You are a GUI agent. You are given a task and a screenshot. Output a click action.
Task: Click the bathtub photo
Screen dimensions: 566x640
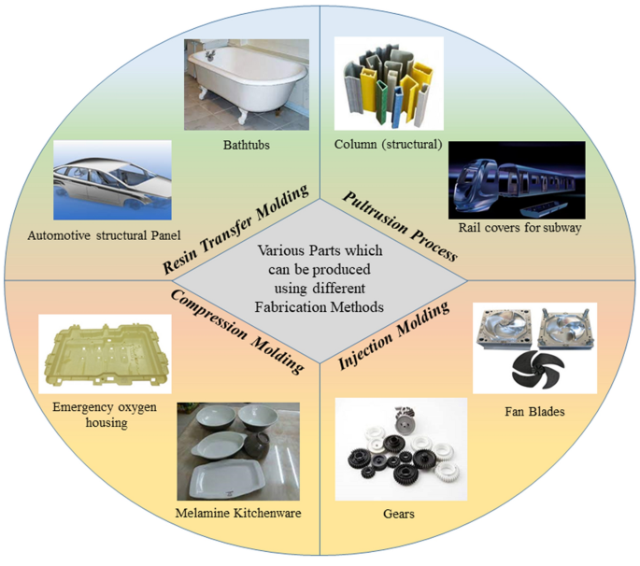click(246, 82)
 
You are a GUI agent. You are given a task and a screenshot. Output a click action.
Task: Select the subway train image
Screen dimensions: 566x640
click(517, 180)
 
